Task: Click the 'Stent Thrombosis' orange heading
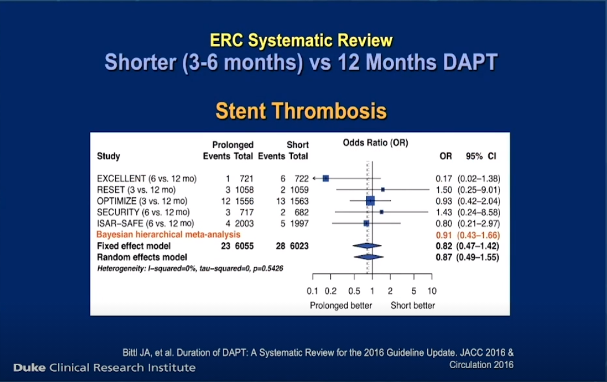301,111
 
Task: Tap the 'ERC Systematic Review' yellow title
301,41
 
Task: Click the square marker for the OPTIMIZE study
371,201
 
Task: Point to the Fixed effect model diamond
367,245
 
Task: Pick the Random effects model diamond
369,257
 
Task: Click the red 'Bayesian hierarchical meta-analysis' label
168,234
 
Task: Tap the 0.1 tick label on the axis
312,291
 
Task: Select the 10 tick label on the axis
432,291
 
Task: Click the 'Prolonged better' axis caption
340,306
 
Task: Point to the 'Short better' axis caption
413,306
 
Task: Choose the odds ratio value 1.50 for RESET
443,190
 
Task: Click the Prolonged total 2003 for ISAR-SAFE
245,223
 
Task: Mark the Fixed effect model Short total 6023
299,246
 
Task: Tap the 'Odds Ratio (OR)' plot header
376,143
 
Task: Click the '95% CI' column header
481,156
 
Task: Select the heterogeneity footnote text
190,269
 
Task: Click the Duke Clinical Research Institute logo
105,368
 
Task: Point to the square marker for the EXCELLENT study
326,178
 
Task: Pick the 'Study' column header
109,156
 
